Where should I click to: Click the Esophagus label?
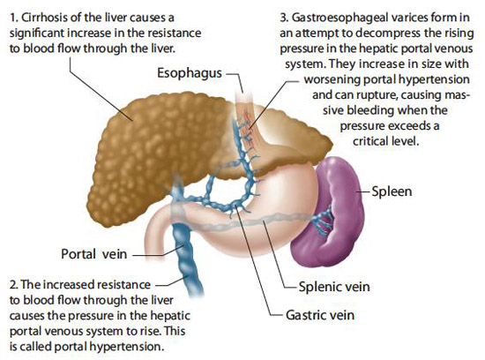190,73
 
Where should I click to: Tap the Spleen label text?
392,191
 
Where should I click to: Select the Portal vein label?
94,254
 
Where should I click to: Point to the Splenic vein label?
334,287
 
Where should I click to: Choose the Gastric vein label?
320,315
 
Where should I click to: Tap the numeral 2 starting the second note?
13,284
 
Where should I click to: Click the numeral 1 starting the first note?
13,18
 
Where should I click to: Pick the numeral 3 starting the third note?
284,18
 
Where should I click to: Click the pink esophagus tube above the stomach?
248,124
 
